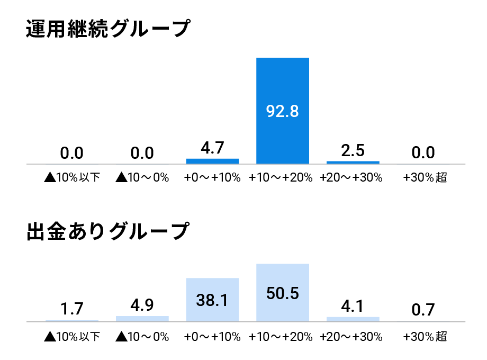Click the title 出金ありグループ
point(107,232)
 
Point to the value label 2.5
point(353,151)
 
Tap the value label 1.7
point(72,309)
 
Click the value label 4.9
point(142,305)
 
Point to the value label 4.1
point(353,307)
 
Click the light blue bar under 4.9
point(142,319)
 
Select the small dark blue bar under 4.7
point(212,161)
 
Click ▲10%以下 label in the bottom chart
point(72,337)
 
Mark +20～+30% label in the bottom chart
point(351,337)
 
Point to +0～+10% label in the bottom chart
point(212,337)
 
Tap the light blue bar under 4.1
point(353,319)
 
